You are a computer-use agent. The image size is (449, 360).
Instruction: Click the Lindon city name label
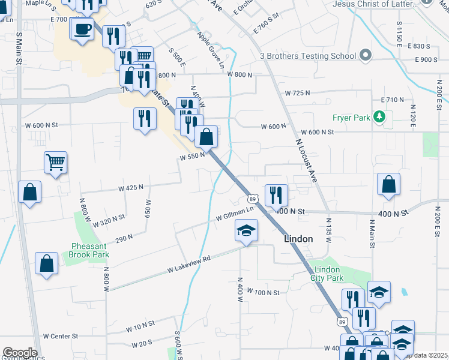[298, 239]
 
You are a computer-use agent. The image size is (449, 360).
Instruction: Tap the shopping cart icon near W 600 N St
[55, 161]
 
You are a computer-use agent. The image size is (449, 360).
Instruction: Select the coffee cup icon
[83, 28]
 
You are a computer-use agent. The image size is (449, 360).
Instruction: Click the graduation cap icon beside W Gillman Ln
[246, 230]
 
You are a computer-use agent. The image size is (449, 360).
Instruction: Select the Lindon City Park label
[327, 273]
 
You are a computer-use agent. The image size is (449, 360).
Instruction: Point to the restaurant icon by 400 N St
[276, 194]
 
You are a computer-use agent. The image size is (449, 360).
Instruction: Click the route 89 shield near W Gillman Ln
[253, 198]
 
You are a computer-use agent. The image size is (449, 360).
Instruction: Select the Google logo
[19, 353]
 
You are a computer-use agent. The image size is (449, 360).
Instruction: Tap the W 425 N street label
[130, 188]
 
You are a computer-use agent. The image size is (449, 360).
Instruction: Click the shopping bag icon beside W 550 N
[206, 137]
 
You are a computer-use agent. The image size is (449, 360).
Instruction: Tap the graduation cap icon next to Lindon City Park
[379, 292]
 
